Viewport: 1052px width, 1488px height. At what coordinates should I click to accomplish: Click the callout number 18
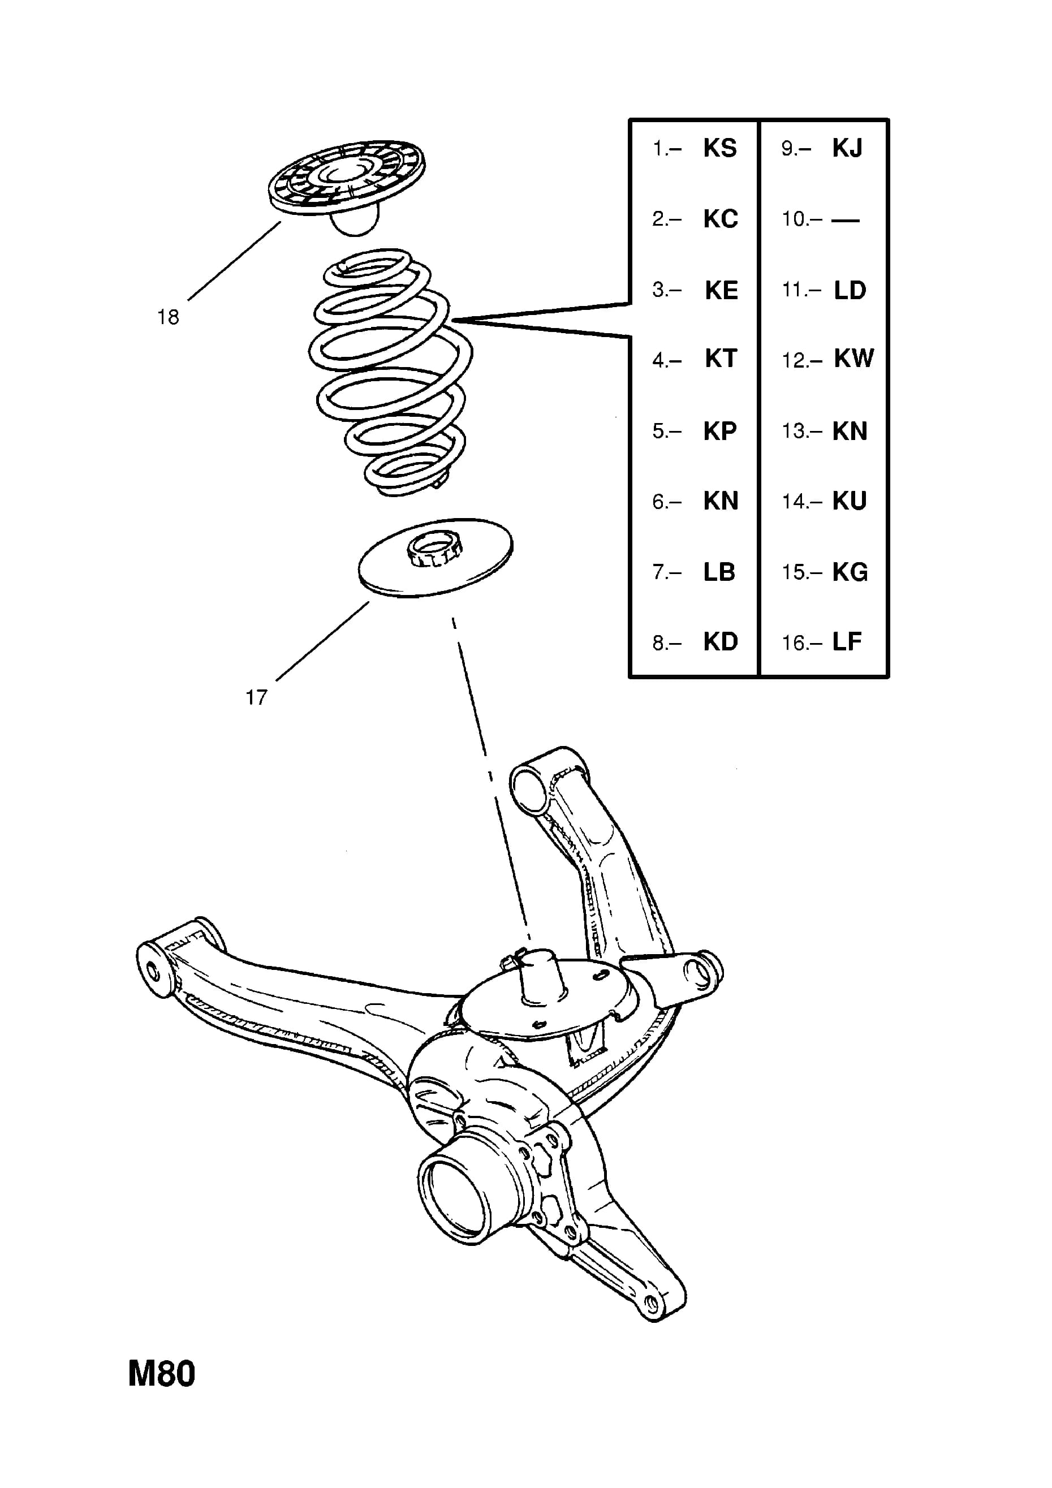(x=168, y=317)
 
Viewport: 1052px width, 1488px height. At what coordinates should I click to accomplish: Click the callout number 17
(x=256, y=697)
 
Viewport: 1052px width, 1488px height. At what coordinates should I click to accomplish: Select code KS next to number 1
(x=720, y=148)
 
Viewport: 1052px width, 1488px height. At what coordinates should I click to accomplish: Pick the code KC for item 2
(x=721, y=219)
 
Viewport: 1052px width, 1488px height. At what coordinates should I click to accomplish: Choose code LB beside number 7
(x=719, y=572)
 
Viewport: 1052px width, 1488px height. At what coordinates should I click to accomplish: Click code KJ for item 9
(x=848, y=148)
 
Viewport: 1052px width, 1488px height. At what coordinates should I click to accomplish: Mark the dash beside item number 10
(x=845, y=221)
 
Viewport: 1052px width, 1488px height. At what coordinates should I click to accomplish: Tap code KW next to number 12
(x=854, y=359)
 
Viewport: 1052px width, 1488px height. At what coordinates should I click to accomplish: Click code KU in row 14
(x=850, y=501)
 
